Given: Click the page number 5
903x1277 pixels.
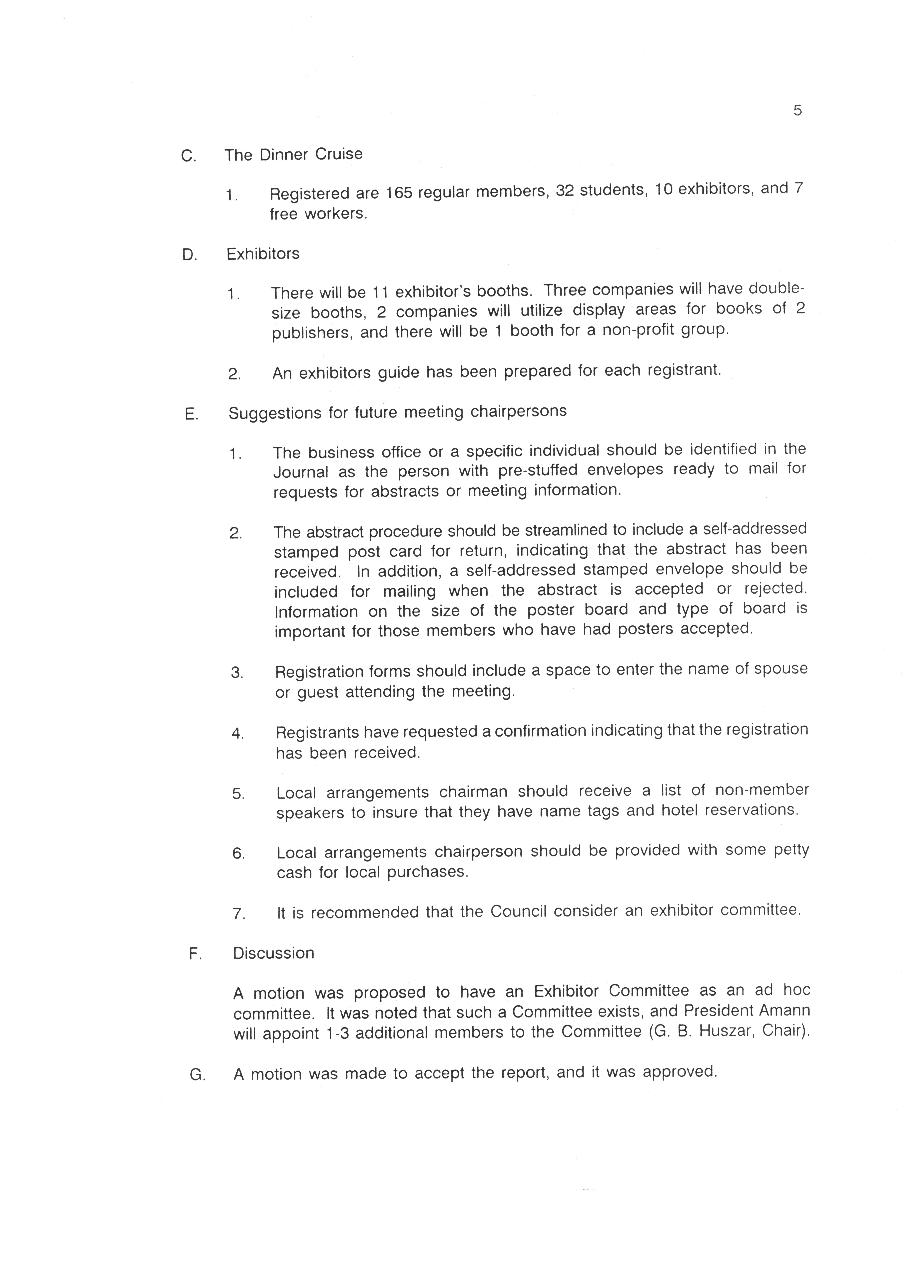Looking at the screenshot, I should click(x=797, y=111).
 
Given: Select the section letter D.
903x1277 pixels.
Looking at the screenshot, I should click(x=189, y=255).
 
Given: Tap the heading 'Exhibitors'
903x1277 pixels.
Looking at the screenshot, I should click(x=263, y=254).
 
